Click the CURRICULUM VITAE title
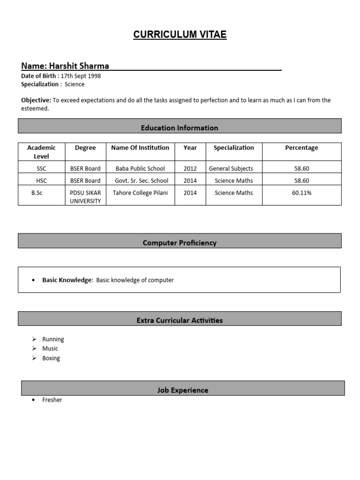point(180,35)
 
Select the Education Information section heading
point(180,127)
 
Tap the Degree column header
point(85,148)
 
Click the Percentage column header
point(301,148)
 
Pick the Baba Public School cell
point(140,168)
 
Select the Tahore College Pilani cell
point(140,193)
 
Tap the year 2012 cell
point(190,168)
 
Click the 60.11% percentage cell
point(301,193)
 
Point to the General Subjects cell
point(231,168)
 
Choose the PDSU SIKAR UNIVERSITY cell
point(85,197)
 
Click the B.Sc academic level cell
point(37,193)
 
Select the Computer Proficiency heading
point(180,243)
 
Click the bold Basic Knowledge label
point(67,280)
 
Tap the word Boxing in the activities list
point(51,358)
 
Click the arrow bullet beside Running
point(34,339)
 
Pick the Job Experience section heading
point(183,390)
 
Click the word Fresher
point(52,400)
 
